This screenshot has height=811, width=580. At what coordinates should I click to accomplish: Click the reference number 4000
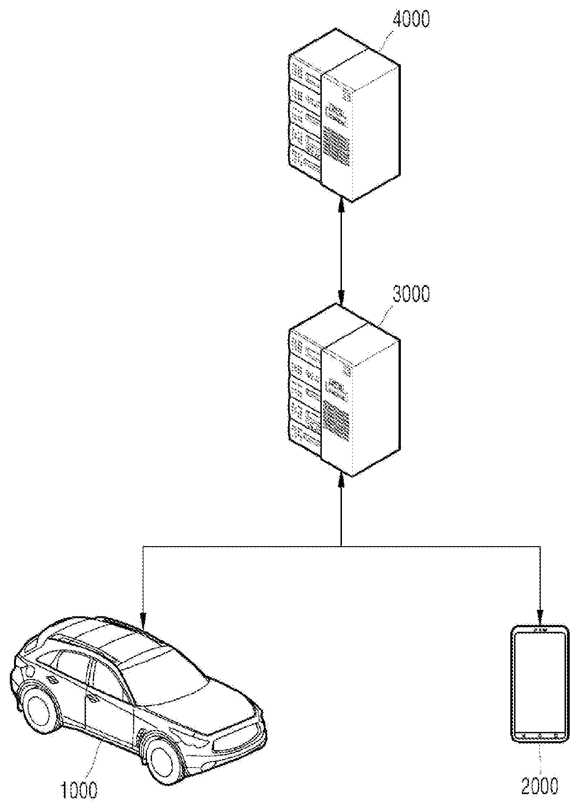pos(411,20)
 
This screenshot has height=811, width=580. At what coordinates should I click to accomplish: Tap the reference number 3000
pos(411,295)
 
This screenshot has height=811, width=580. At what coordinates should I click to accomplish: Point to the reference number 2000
pos(541,786)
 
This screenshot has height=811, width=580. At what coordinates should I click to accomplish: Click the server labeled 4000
pos(344,115)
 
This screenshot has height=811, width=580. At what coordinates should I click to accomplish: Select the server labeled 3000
pos(344,389)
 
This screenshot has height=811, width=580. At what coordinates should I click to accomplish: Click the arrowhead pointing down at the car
pos(142,621)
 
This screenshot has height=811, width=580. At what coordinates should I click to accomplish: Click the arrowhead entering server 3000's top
pos(341,297)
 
